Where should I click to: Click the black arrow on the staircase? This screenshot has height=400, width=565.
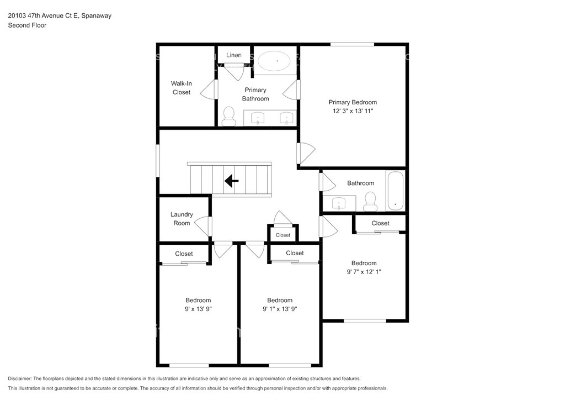(231, 180)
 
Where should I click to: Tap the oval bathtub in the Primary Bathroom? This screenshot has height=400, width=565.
(275, 61)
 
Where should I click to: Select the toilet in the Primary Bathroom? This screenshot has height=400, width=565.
(228, 116)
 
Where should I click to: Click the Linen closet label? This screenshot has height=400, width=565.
(234, 55)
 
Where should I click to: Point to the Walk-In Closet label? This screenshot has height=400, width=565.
(181, 88)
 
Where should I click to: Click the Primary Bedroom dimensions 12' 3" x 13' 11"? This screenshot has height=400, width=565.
(353, 111)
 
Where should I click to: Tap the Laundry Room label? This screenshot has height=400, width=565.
(182, 219)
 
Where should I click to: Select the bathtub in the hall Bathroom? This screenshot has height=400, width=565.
(395, 191)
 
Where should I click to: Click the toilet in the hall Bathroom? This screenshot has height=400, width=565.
(370, 202)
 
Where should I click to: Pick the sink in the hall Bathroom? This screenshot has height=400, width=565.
(339, 203)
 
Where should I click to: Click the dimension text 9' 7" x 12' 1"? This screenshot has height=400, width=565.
(364, 272)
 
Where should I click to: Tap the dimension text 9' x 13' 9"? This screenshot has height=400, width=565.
(198, 309)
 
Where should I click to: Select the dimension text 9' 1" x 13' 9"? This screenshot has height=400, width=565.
(280, 309)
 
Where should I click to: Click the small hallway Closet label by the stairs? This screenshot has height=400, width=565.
(283, 235)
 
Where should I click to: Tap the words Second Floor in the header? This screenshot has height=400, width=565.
(27, 25)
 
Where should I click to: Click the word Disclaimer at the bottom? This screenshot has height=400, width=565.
(19, 378)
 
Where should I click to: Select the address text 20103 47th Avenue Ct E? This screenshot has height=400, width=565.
(43, 15)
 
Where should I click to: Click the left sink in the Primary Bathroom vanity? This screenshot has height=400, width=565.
(258, 118)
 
